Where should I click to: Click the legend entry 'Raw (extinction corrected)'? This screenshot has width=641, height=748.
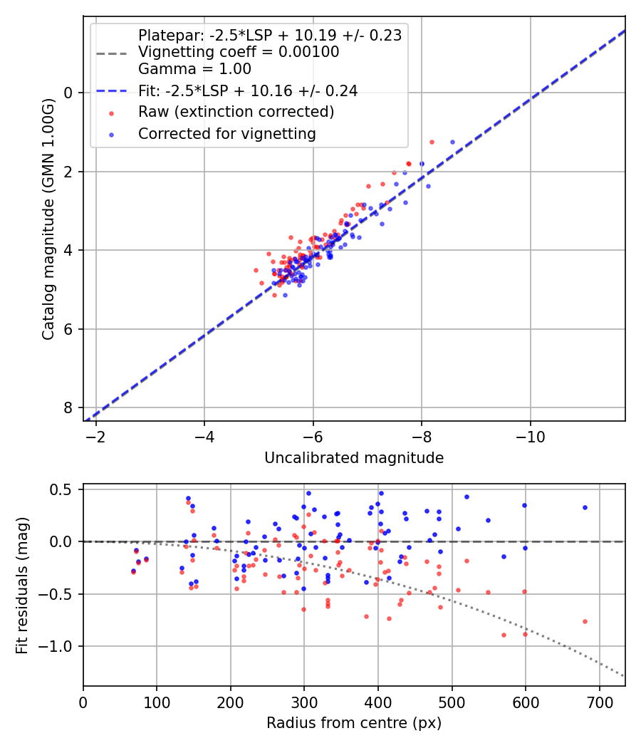(x=236, y=112)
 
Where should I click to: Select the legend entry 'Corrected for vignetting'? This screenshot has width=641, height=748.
(x=226, y=133)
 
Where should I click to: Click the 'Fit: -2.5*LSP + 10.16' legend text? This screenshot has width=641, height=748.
(x=248, y=90)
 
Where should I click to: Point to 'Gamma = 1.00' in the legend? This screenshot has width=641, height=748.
(x=194, y=69)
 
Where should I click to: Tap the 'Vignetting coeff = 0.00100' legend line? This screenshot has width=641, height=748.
(x=239, y=52)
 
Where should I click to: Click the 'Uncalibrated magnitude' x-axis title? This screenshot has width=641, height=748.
(x=354, y=458)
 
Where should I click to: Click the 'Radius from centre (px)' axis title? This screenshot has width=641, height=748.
(x=354, y=723)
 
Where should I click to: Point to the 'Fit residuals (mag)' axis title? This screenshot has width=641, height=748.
(x=22, y=586)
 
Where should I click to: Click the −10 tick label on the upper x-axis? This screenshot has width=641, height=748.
(x=530, y=436)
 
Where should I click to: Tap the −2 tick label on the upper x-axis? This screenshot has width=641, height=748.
(x=96, y=436)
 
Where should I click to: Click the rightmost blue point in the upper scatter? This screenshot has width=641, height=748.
(x=452, y=142)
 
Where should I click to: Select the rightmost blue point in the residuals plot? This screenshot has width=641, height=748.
(x=585, y=507)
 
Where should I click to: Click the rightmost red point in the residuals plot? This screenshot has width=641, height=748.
(x=585, y=621)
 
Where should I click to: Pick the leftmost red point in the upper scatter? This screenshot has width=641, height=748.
(x=256, y=270)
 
